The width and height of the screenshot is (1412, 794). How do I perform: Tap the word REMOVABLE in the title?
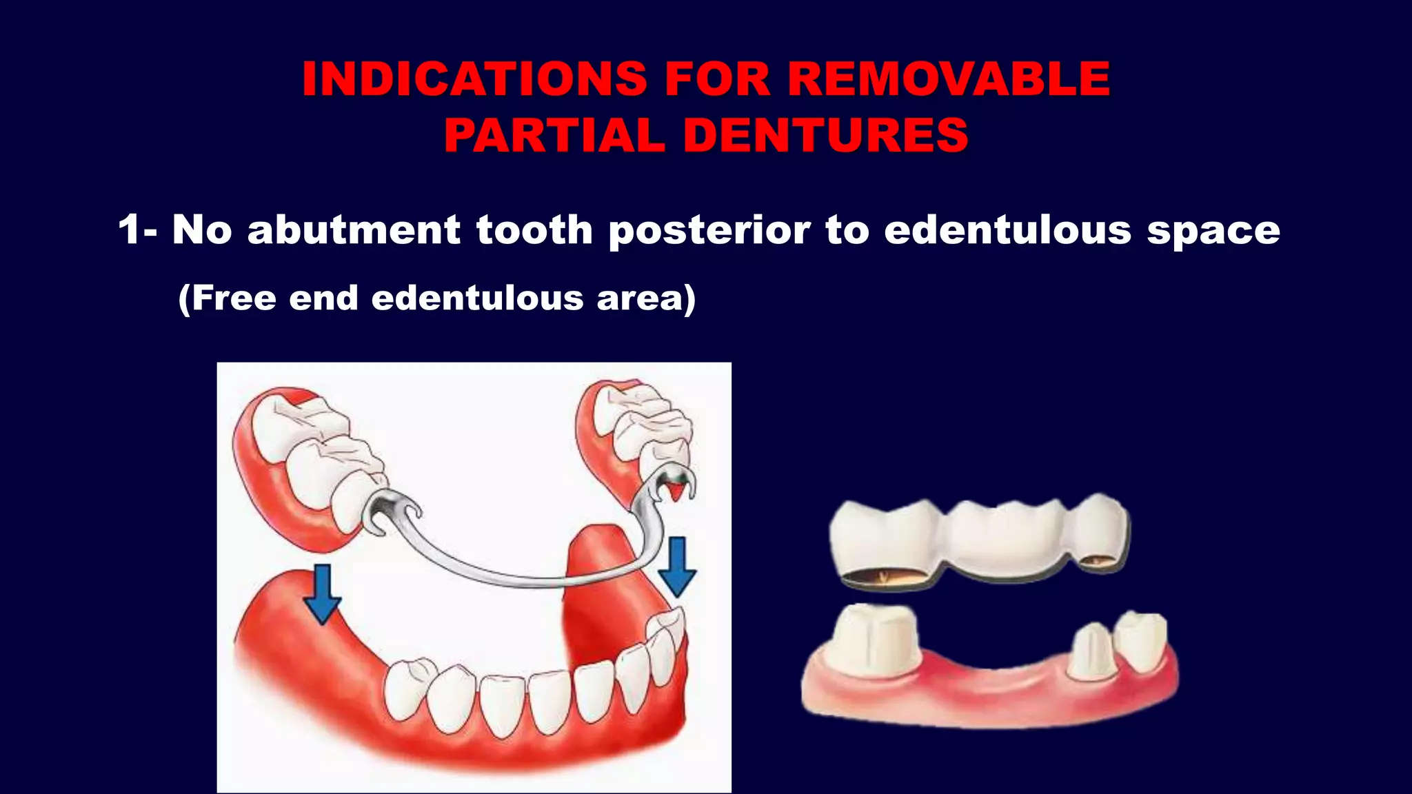949,79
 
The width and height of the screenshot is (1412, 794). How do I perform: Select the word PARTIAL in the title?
554,135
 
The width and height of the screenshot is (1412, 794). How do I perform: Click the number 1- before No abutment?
137,230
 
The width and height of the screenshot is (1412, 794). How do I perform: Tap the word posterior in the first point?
709,231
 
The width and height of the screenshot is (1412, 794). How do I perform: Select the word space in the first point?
1213,231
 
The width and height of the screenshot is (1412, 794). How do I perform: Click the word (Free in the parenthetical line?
227,298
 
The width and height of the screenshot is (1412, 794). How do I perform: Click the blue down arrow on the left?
322,593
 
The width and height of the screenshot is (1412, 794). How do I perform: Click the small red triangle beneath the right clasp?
677,491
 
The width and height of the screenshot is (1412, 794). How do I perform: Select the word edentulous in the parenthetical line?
477,298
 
